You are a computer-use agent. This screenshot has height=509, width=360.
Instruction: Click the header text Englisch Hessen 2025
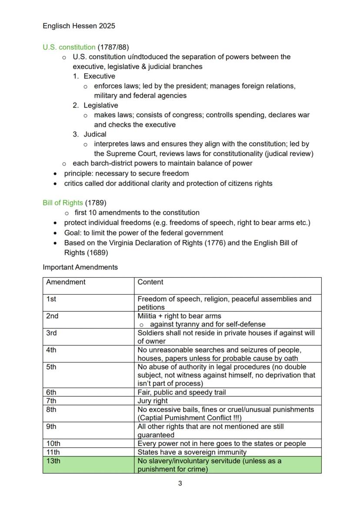[x=79, y=26]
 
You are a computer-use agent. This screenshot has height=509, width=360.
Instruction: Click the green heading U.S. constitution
[x=69, y=47]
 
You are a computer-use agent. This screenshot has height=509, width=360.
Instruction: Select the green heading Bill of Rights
[x=63, y=203]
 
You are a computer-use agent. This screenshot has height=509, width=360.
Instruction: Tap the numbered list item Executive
[x=99, y=76]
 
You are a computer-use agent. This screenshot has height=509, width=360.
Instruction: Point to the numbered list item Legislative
[x=100, y=105]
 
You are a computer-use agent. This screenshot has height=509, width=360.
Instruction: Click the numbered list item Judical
[x=95, y=134]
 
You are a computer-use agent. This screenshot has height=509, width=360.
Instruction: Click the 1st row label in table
[x=51, y=299]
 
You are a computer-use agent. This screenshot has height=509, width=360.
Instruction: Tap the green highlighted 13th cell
[x=88, y=465]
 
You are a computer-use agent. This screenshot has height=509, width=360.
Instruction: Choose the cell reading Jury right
[x=153, y=401]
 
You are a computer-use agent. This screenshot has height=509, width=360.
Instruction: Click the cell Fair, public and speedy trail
[x=182, y=392]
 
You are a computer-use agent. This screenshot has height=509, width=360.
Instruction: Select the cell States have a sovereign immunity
[x=192, y=452]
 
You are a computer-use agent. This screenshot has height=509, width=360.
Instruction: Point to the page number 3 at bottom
[x=180, y=483]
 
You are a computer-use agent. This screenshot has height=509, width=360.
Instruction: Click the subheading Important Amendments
[x=80, y=267]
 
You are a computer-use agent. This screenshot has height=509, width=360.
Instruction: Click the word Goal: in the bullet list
[x=73, y=233]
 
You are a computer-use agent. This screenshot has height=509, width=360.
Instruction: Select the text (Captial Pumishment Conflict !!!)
[x=189, y=418]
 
